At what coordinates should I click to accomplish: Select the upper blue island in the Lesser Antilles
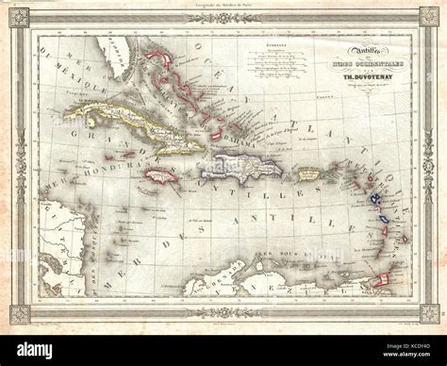[375, 197]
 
